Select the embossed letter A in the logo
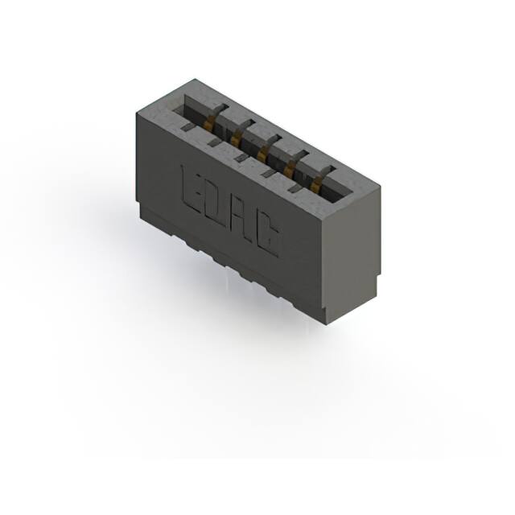click(x=244, y=220)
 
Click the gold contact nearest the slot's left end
click(x=212, y=122)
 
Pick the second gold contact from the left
click(x=237, y=139)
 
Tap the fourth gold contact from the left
click(x=290, y=167)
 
